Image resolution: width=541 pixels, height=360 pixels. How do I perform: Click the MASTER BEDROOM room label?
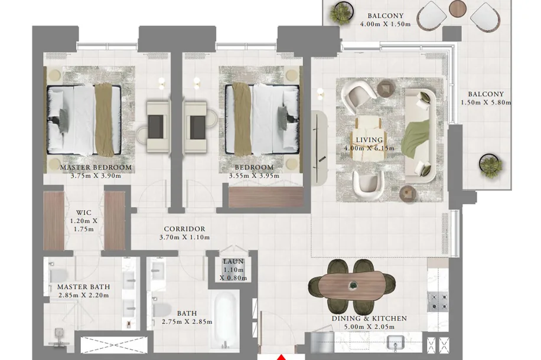96,168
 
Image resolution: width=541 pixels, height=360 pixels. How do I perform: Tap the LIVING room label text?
369,140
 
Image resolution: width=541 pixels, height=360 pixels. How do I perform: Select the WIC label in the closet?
84,213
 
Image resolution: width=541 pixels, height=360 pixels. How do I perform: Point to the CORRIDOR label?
185,229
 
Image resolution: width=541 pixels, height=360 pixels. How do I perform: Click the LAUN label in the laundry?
233,261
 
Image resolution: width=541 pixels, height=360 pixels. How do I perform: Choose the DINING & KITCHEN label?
369,319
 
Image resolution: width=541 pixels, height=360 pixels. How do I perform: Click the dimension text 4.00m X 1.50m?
386,24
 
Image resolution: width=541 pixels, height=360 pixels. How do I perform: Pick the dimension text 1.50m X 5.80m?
486,103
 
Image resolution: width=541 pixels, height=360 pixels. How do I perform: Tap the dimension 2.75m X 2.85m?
187,322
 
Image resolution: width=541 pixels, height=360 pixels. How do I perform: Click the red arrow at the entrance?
282,357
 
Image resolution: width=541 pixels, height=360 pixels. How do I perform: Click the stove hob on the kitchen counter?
438,302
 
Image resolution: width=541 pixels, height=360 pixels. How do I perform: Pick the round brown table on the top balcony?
458,8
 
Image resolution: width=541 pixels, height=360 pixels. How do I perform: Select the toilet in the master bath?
58,276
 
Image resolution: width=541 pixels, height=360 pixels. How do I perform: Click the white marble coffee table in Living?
367,138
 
